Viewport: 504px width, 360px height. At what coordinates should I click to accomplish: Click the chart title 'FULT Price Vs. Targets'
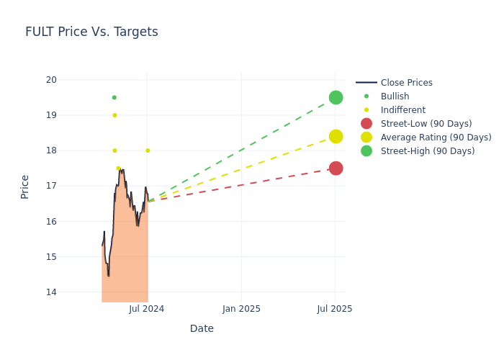(x=91, y=32)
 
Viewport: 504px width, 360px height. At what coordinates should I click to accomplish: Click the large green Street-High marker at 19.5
(x=336, y=97)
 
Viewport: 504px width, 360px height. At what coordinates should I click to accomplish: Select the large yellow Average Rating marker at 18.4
(x=336, y=136)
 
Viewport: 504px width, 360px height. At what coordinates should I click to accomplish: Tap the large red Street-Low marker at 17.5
(x=336, y=168)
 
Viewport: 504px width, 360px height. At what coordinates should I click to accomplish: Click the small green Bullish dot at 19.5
(x=114, y=97)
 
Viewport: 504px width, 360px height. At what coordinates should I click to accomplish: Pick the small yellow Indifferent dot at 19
(x=114, y=115)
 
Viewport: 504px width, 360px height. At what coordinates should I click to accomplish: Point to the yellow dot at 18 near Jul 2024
(x=148, y=150)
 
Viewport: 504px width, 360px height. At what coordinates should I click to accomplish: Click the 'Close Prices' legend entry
(x=406, y=83)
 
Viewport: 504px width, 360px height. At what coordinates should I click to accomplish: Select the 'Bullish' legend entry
(x=395, y=96)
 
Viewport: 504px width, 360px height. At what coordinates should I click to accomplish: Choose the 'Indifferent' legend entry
(x=402, y=110)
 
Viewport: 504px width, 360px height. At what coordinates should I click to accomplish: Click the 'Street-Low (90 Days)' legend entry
(x=426, y=124)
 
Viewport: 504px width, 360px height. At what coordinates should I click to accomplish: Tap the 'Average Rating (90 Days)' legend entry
(x=436, y=138)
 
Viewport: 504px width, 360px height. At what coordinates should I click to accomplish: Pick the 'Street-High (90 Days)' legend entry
(x=428, y=151)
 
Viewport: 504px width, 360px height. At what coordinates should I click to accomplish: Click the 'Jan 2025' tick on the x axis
(x=241, y=309)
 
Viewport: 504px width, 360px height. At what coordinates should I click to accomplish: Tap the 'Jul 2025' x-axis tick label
(x=335, y=309)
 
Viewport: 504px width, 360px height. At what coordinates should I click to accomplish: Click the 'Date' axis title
(x=202, y=328)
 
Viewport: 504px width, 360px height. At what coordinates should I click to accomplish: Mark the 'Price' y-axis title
(x=25, y=186)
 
